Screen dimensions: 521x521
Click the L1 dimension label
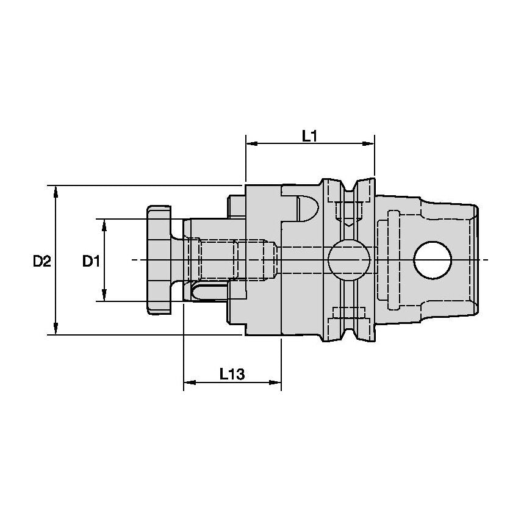310,135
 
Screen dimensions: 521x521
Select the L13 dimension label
232,374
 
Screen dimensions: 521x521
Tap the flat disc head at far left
159,260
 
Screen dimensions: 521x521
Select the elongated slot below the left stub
207,292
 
